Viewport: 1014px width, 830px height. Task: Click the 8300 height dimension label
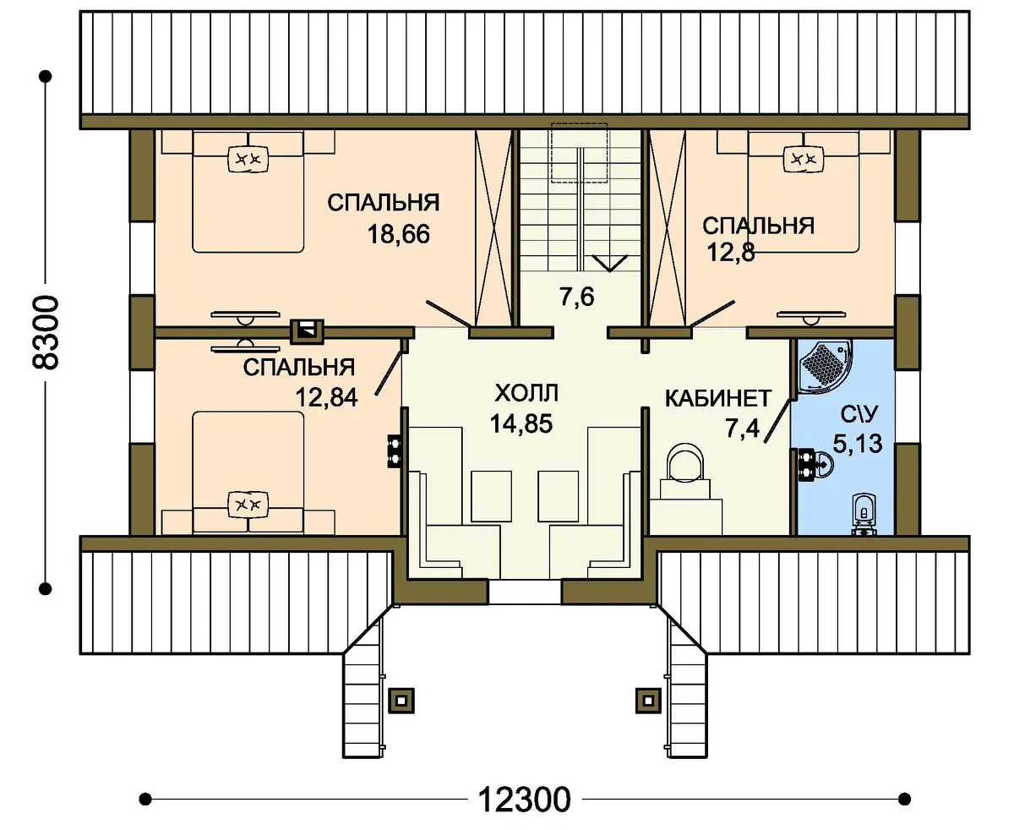tap(45, 333)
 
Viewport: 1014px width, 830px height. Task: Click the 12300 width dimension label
tap(525, 800)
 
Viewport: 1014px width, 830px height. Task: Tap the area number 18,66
tap(399, 235)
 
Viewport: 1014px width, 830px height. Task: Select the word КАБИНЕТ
tap(718, 398)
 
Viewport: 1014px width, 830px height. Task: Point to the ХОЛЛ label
tap(526, 393)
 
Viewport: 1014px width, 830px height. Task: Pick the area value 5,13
tap(858, 444)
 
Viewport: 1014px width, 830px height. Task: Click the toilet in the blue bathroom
tap(864, 515)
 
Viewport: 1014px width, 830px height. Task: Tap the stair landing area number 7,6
tap(576, 297)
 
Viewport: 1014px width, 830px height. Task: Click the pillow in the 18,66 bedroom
tap(248, 158)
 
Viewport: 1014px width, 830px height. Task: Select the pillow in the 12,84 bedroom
tap(248, 505)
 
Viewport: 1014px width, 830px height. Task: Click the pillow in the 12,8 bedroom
tap(804, 158)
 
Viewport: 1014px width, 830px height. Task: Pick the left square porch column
tap(401, 701)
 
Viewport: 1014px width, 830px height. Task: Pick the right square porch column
tap(649, 701)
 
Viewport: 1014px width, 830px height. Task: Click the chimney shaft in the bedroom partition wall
tap(307, 332)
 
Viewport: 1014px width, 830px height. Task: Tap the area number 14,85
tap(521, 424)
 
